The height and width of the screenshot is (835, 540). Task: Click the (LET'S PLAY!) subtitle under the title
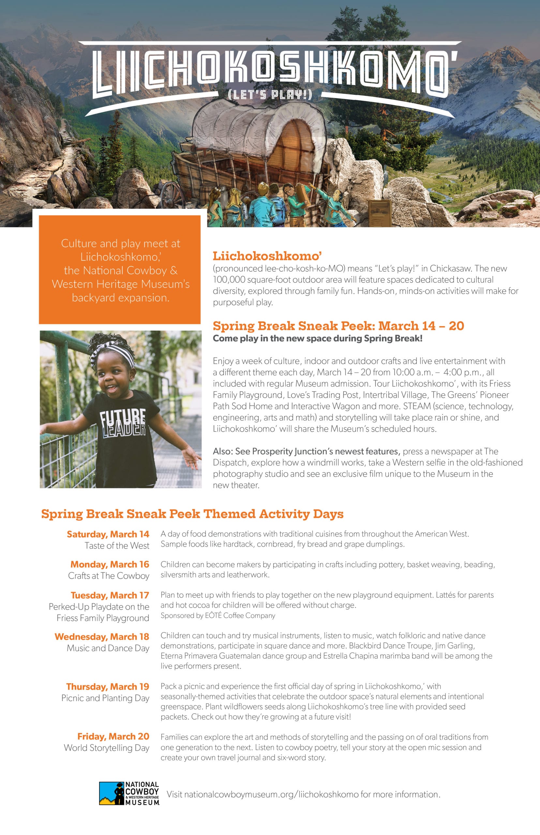(x=270, y=95)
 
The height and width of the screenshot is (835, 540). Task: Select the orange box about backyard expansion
(x=120, y=270)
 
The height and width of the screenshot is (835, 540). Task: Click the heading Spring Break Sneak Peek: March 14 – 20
(x=338, y=326)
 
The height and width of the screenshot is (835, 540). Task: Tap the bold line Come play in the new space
(x=317, y=339)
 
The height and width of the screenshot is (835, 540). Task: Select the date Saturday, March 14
(x=108, y=534)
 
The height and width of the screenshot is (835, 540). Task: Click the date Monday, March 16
(x=110, y=564)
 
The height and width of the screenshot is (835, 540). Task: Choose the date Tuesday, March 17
(x=110, y=595)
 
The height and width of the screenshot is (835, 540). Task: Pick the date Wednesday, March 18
(x=102, y=636)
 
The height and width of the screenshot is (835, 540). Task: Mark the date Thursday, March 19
(x=108, y=686)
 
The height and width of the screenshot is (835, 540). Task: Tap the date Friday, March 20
(x=113, y=736)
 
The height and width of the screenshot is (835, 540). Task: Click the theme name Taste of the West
(x=117, y=546)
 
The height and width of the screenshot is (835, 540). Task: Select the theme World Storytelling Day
(x=107, y=748)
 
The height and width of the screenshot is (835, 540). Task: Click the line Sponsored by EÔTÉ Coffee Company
(x=218, y=615)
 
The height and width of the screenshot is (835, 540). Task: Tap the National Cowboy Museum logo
(x=129, y=793)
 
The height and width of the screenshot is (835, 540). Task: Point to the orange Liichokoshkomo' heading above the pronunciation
(x=267, y=256)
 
